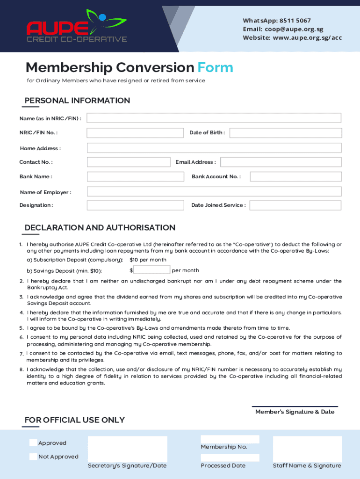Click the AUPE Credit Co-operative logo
click(x=77, y=27)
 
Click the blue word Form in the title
click(x=215, y=68)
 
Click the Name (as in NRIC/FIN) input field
click(x=214, y=118)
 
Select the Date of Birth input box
click(x=285, y=133)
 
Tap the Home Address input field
click(x=214, y=148)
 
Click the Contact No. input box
click(x=129, y=162)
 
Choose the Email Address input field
click(x=281, y=162)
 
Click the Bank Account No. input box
click(x=295, y=177)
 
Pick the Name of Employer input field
click(x=214, y=192)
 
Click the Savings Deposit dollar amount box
click(x=152, y=270)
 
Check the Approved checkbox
click(x=33, y=443)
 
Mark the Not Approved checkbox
click(x=33, y=457)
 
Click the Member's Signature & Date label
click(x=295, y=412)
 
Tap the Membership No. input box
click(x=230, y=439)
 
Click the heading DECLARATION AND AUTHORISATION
click(x=100, y=228)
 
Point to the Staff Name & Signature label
click(x=307, y=465)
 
